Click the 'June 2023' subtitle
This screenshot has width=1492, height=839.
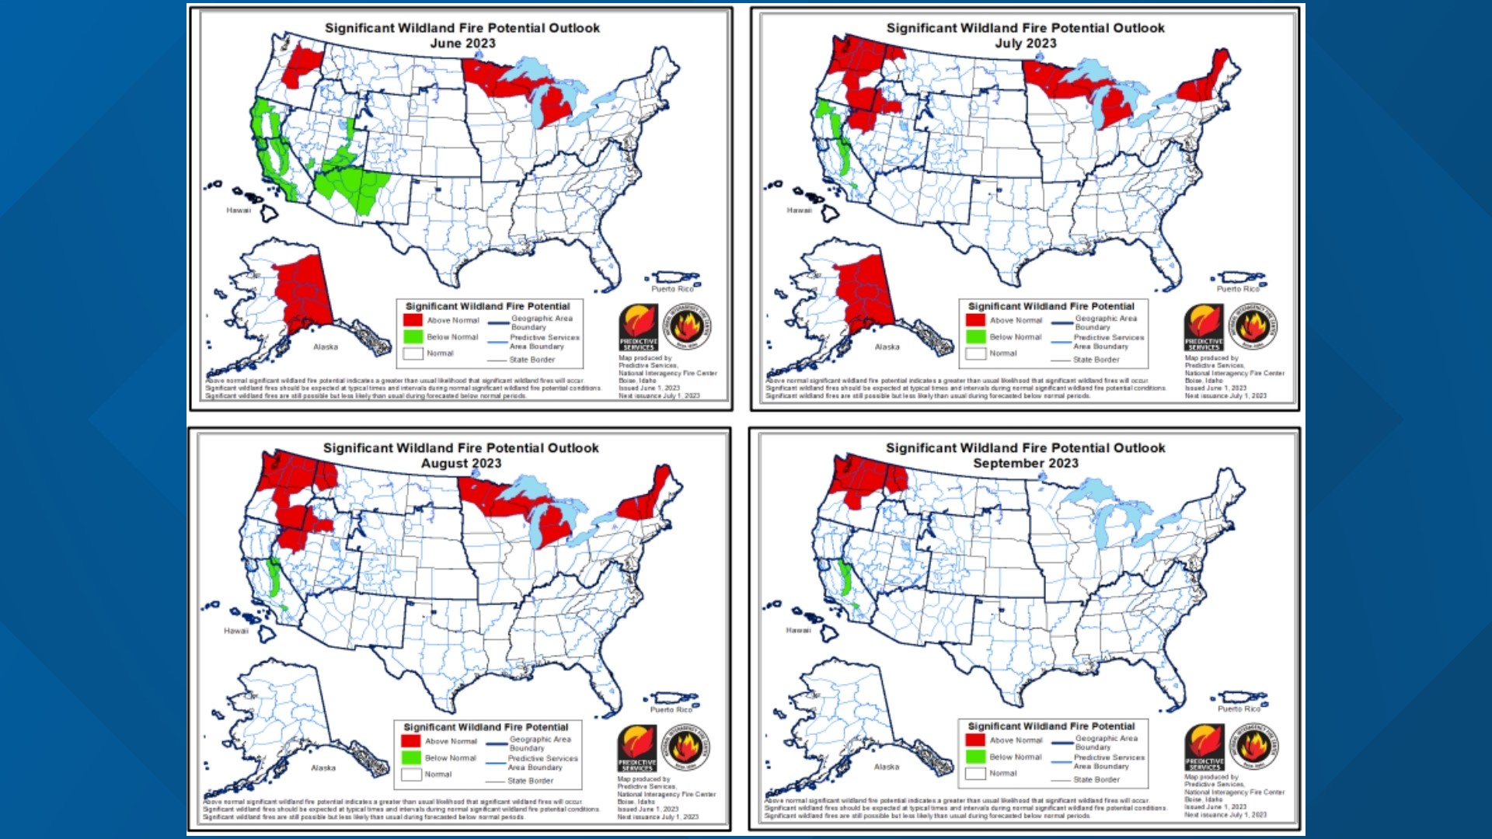[x=462, y=44]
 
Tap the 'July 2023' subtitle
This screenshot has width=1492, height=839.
[x=1025, y=44]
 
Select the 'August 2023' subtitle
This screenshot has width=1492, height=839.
[x=461, y=464]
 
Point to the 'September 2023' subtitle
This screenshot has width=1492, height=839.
[x=1025, y=464]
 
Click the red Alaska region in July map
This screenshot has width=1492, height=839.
[x=864, y=291]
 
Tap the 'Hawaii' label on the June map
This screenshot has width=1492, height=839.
[x=239, y=211]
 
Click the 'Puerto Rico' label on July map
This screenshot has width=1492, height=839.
[x=1237, y=289]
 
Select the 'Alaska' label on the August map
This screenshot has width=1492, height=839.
[x=323, y=768]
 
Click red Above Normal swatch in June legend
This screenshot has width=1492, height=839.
[x=413, y=320]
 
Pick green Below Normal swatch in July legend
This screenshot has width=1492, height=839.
[x=975, y=337]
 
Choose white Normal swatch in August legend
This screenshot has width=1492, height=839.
[x=411, y=775]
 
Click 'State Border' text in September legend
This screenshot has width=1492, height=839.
[x=1096, y=779]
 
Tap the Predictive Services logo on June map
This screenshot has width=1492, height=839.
[x=639, y=327]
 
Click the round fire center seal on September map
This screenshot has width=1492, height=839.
[x=1253, y=747]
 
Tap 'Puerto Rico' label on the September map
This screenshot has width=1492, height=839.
[x=1239, y=709]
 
